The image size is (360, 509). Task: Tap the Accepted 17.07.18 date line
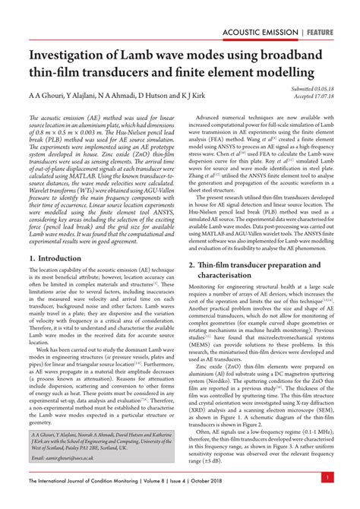314,96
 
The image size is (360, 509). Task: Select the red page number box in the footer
326,477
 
